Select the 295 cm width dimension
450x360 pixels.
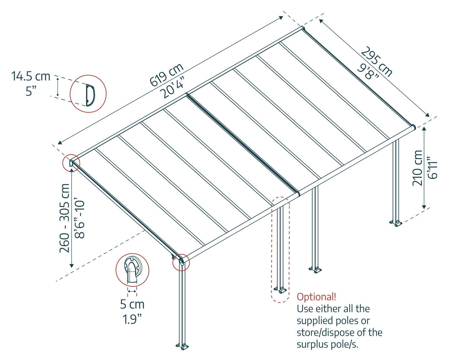click(x=377, y=62)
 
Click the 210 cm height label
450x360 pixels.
click(x=417, y=168)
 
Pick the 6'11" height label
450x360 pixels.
click(x=433, y=168)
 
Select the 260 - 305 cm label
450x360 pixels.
click(x=65, y=218)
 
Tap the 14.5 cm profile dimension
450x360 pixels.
click(x=31, y=76)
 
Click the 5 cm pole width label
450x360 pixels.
click(x=132, y=304)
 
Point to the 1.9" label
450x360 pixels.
click(x=132, y=319)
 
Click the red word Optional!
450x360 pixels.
click(x=316, y=297)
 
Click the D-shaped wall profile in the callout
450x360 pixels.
click(x=90, y=94)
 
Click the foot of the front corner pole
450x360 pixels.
click(x=182, y=346)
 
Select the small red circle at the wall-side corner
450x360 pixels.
click(x=71, y=163)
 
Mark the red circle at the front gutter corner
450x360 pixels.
click(x=181, y=262)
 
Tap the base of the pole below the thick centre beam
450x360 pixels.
click(x=315, y=269)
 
